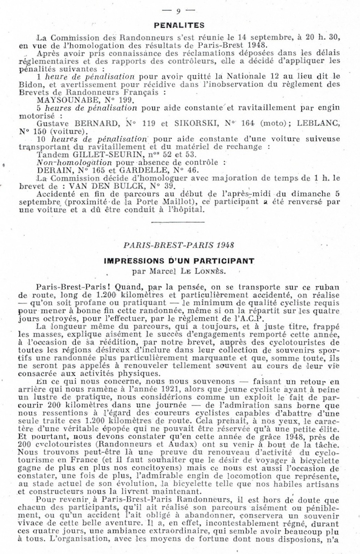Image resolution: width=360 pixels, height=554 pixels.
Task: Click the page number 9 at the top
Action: [179, 10]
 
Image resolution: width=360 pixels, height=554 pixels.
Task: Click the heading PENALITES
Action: [180, 25]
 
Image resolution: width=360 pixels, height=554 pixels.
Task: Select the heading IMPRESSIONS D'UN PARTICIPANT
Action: [180, 261]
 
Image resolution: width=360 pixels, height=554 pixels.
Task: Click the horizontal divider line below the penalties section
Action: [180, 223]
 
